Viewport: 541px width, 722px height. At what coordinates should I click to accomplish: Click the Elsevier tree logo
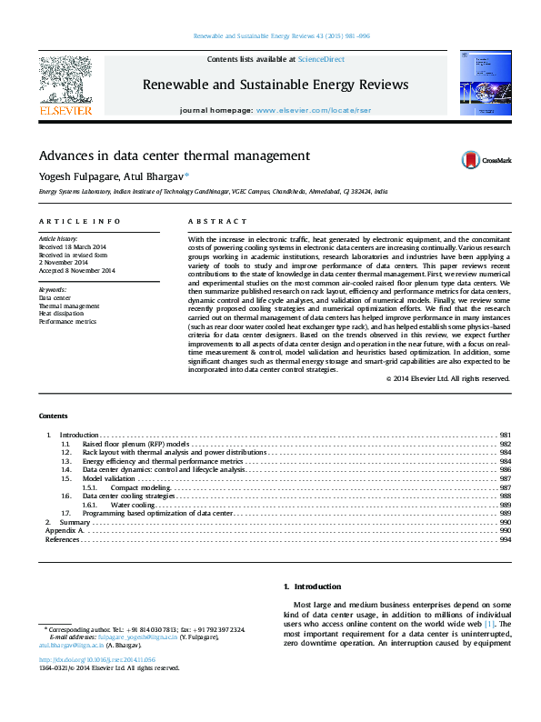pyautogui.click(x=65, y=82)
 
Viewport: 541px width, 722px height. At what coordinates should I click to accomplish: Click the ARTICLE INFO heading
pyautogui.click(x=79, y=222)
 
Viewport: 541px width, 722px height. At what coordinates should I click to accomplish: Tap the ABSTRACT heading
pyautogui.click(x=217, y=222)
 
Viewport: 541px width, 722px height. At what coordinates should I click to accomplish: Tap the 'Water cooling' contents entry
pyautogui.click(x=133, y=505)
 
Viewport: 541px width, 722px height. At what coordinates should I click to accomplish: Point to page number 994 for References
pyautogui.click(x=505, y=539)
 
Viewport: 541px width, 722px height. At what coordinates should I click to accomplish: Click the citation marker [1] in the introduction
pyautogui.click(x=489, y=625)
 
